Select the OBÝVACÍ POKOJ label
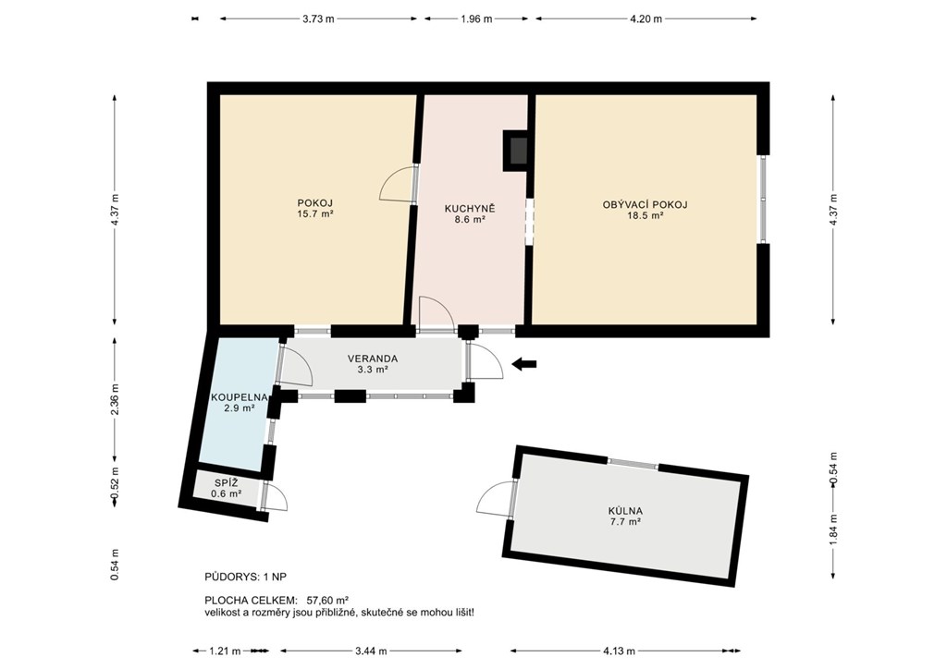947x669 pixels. (x=645, y=204)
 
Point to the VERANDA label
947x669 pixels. (x=373, y=359)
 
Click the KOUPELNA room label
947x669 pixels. (x=240, y=397)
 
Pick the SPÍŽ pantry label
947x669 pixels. (x=227, y=483)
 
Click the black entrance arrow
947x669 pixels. (x=523, y=363)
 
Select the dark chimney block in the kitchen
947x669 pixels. (x=516, y=151)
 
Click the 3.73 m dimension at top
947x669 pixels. (x=318, y=18)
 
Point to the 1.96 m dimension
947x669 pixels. (x=476, y=18)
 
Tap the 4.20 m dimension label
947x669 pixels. (x=646, y=18)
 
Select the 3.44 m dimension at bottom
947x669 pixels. (x=371, y=651)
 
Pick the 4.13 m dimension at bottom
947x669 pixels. (x=619, y=651)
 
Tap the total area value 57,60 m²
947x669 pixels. (x=328, y=601)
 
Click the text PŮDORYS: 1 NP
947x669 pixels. (x=246, y=577)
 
